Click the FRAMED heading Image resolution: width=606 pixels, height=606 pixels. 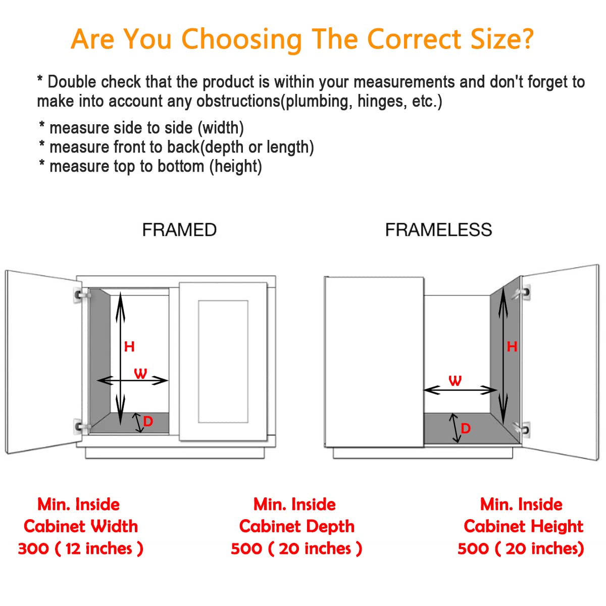(x=179, y=230)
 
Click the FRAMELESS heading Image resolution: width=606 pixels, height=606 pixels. (x=438, y=230)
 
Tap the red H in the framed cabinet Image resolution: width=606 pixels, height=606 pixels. (x=129, y=346)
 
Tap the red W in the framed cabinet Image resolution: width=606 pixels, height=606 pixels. (x=140, y=373)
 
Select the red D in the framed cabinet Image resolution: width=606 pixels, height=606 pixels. (x=148, y=421)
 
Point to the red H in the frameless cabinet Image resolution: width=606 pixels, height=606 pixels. (x=512, y=347)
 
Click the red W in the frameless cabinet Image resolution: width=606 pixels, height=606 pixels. (x=455, y=381)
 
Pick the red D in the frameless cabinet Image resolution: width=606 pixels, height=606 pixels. (x=466, y=428)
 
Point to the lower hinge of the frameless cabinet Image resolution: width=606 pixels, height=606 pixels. (x=522, y=429)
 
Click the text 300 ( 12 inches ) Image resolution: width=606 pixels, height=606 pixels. (x=80, y=548)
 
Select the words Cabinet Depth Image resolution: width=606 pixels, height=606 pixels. (x=296, y=526)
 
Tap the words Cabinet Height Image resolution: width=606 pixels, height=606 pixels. (x=523, y=526)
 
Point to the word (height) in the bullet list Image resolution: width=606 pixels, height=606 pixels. (x=236, y=166)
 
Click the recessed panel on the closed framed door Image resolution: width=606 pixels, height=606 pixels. (x=223, y=362)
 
